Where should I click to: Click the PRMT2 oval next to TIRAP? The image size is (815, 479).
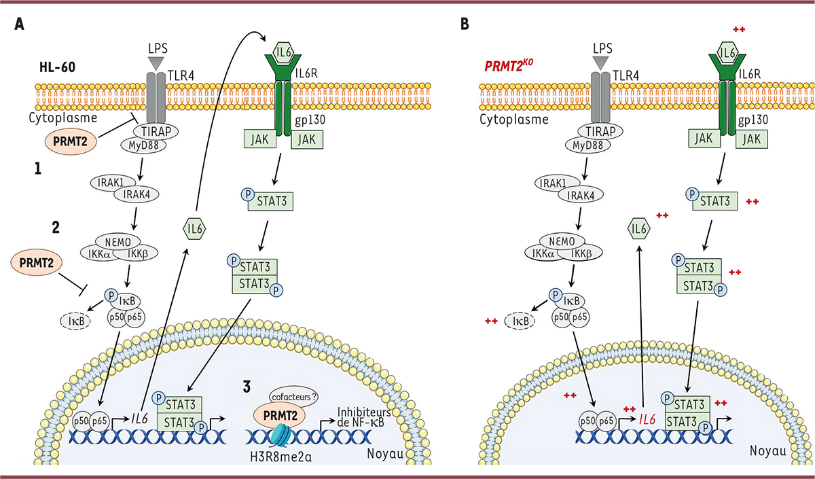[x=71, y=140]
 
